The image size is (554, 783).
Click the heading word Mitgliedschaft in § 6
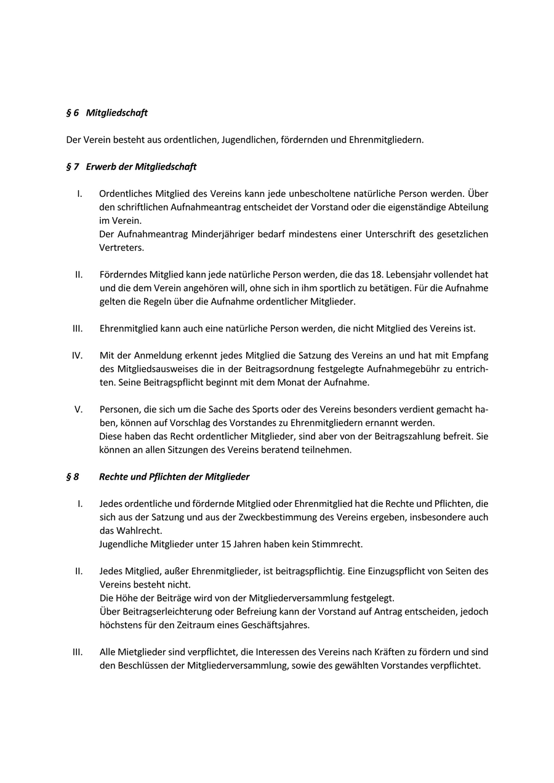point(116,113)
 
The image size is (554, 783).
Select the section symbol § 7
point(73,167)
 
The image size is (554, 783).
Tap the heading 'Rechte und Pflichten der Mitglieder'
point(174,477)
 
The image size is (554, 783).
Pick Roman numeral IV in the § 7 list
point(78,356)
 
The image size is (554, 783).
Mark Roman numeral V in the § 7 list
point(79,409)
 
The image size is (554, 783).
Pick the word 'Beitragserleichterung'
point(156,612)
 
